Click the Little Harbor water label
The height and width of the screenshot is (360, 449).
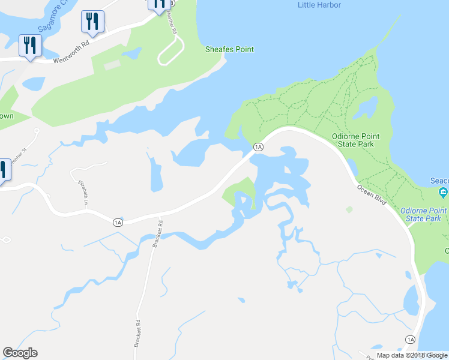[319, 5]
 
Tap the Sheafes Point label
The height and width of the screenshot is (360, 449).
[229, 49]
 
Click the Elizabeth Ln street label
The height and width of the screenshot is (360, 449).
[83, 191]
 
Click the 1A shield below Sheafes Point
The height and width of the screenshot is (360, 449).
[258, 147]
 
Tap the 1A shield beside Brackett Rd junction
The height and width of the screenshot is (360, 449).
[118, 222]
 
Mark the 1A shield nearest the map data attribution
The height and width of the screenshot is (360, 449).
[410, 340]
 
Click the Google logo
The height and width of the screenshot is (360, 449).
[20, 353]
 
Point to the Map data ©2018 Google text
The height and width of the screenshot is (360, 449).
[412, 355]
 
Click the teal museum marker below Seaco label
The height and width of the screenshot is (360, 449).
[444, 193]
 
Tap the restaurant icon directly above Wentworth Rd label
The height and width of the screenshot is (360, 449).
[92, 22]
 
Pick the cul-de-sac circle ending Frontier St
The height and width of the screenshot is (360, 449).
[37, 130]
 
